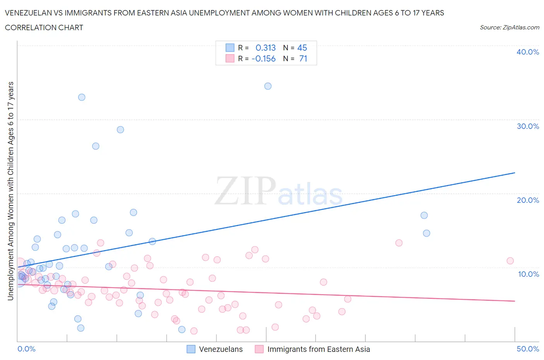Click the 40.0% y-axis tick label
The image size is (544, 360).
pyautogui.click(x=528, y=52)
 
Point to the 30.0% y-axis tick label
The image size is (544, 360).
pyautogui.click(x=528, y=126)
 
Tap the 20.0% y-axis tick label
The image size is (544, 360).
pyautogui.click(x=528, y=200)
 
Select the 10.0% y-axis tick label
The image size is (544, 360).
pyautogui.click(x=528, y=274)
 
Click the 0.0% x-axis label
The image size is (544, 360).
pyautogui.click(x=26, y=349)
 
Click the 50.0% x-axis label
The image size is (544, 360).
pyautogui.click(x=528, y=349)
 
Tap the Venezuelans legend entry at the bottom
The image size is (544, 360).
pyautogui.click(x=221, y=349)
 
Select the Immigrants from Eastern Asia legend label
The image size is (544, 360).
pyautogui.click(x=318, y=349)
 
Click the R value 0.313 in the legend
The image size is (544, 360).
pyautogui.click(x=265, y=48)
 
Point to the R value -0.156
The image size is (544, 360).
pyautogui.click(x=263, y=58)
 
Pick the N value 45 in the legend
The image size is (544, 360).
pyautogui.click(x=302, y=48)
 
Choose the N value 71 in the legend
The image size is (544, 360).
pyautogui.click(x=303, y=58)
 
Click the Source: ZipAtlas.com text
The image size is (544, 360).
pyautogui.click(x=509, y=27)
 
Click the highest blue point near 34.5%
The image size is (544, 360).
pyautogui.click(x=268, y=86)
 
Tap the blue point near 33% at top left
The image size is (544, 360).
pyautogui.click(x=82, y=97)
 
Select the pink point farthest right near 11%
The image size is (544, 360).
pyautogui.click(x=510, y=261)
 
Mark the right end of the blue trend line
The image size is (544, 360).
pyautogui.click(x=515, y=173)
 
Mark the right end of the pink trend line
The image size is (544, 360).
pyautogui.click(x=515, y=301)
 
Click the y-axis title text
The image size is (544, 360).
pyautogui.click(x=10, y=191)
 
